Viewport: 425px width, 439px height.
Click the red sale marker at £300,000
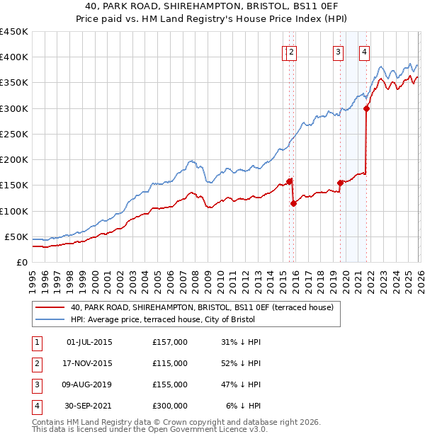[366, 108]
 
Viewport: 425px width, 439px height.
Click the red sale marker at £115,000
[293, 203]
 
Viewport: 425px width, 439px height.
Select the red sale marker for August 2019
[340, 183]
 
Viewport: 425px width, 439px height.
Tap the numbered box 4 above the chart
[364, 51]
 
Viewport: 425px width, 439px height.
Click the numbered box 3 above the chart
[338, 51]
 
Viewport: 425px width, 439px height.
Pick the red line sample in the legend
[50, 307]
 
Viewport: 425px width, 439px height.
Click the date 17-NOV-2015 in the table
[89, 363]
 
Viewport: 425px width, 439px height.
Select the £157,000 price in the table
[170, 342]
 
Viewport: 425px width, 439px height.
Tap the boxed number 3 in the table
[36, 384]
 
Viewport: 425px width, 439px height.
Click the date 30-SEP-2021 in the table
[89, 406]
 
